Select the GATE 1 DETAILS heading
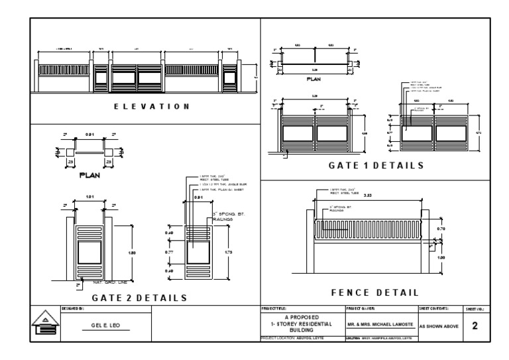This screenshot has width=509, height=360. coord(376,165)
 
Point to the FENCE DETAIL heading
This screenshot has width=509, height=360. coord(374,292)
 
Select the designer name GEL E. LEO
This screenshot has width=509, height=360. coord(106,326)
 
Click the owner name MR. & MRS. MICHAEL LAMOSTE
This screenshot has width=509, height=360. coord(380,326)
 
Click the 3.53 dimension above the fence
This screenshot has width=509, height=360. coord(369,196)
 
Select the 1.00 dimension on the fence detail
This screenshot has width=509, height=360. coord(441,257)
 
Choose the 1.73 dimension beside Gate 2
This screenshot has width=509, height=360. coord(228,252)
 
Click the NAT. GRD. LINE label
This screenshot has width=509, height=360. coord(99,283)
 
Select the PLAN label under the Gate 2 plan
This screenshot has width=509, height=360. coord(89,175)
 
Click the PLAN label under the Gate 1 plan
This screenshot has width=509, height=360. coord(313,78)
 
